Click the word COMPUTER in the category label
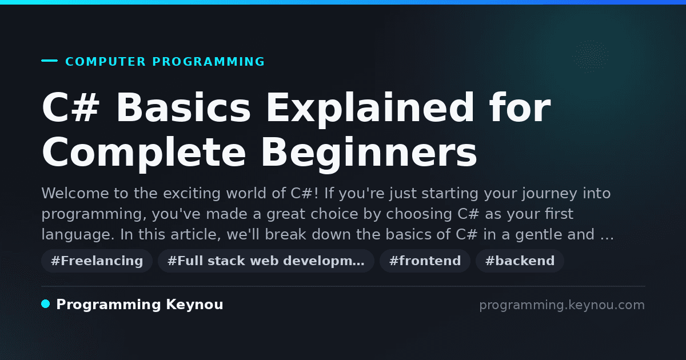click(x=105, y=62)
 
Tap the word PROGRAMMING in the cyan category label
click(x=208, y=62)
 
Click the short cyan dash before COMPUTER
click(x=49, y=61)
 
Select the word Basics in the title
click(x=184, y=107)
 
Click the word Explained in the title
click(x=370, y=109)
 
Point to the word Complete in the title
click(x=144, y=154)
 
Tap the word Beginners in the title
click(x=369, y=154)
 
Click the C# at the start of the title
click(x=71, y=107)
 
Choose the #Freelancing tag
click(x=97, y=261)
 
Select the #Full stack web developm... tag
click(x=266, y=261)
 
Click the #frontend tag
click(x=425, y=261)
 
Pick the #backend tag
click(x=520, y=261)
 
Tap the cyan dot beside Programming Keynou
click(x=46, y=304)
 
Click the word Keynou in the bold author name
click(x=194, y=305)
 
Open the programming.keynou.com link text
click(x=562, y=305)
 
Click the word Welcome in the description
click(x=75, y=194)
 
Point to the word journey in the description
click(x=549, y=194)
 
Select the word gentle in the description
click(x=539, y=235)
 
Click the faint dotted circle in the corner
click(x=591, y=57)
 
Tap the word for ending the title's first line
click(x=520, y=107)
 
